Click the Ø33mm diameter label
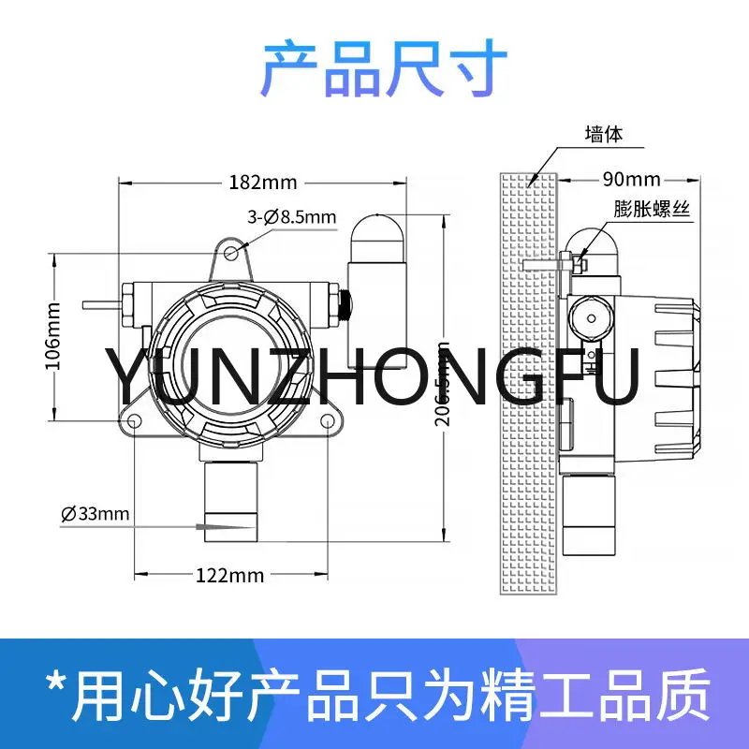point(95,513)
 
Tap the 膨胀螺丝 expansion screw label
point(652,210)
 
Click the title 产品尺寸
point(374,67)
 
